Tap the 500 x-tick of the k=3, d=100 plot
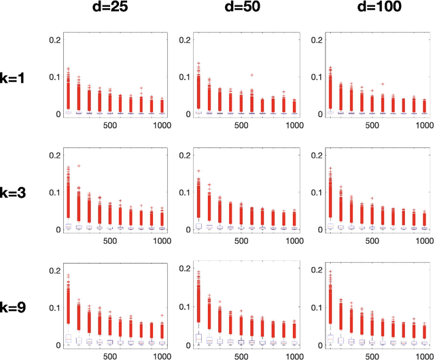373,240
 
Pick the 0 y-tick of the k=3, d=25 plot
56,230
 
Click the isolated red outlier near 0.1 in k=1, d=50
252,75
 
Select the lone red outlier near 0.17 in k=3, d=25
79,165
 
